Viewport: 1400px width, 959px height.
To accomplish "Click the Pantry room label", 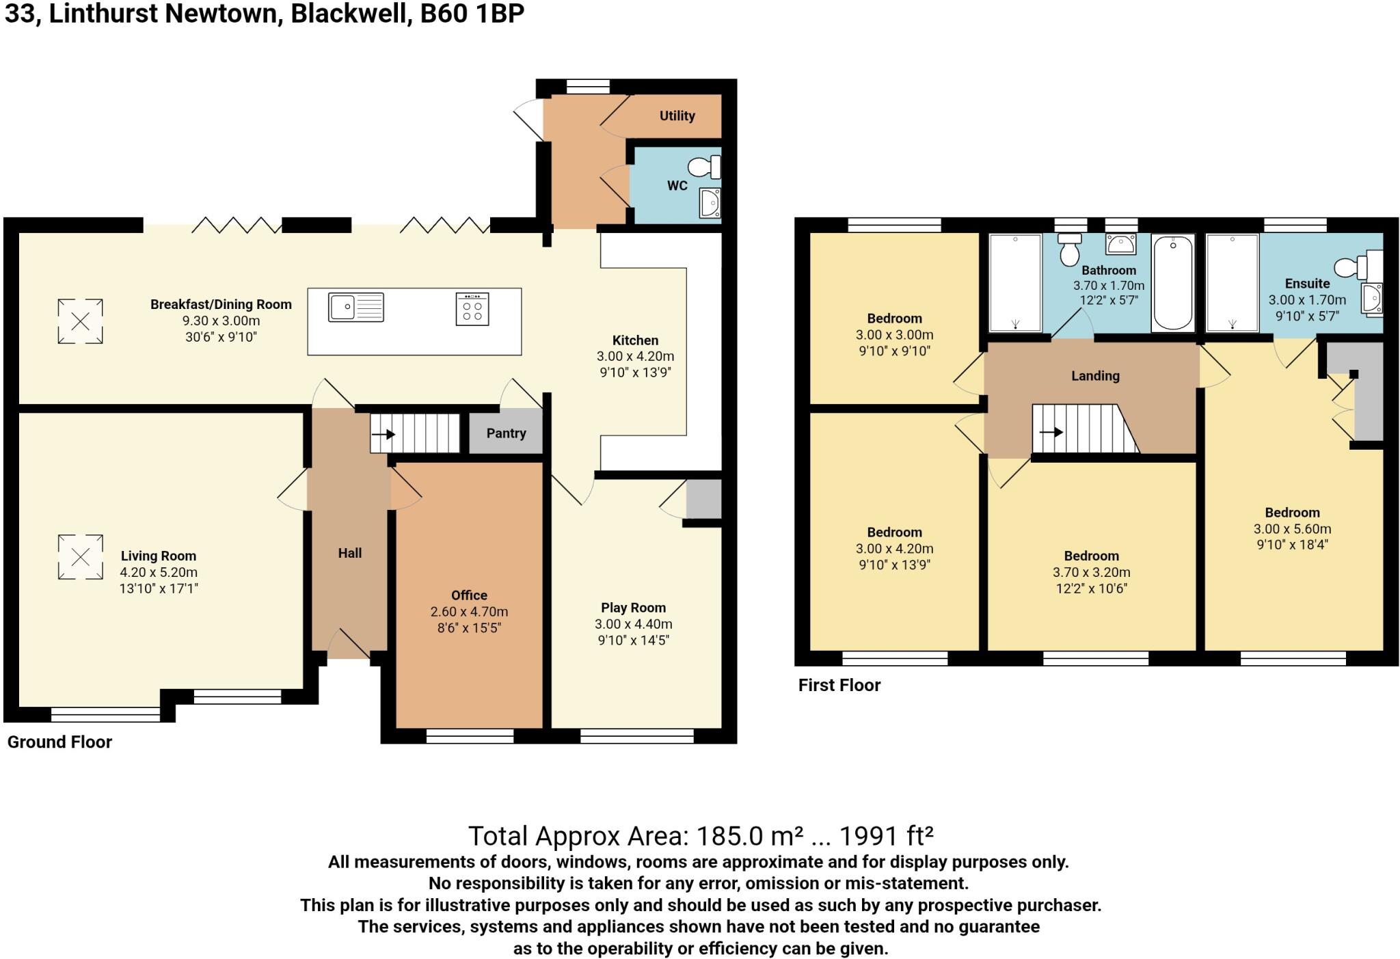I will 506,433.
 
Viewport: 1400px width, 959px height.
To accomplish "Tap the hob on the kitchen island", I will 472,309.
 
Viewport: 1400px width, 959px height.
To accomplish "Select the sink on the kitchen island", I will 355,307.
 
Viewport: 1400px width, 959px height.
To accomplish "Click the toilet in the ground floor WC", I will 705,166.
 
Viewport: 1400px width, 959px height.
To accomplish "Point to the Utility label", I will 677,116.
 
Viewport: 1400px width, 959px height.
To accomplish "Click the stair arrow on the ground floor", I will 383,434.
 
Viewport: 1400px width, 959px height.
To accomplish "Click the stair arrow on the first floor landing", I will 1051,432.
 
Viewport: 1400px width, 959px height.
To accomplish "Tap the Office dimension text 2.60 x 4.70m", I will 469,612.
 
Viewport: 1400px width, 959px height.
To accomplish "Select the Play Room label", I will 633,608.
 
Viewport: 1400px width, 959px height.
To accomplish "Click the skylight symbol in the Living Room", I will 80,557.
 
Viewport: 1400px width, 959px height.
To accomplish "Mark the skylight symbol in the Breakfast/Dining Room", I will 80,321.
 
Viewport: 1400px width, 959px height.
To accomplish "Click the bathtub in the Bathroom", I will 1173,282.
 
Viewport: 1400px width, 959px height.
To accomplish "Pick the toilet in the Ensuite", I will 1349,267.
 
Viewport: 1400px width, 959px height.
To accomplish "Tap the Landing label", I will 1095,376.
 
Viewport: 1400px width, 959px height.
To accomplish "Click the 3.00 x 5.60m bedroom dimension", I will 1292,529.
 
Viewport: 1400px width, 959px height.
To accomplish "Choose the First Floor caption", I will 839,686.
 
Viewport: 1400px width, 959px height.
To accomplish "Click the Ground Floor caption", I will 59,742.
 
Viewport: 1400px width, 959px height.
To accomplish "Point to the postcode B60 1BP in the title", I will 472,14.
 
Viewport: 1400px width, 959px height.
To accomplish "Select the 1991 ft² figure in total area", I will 886,835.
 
